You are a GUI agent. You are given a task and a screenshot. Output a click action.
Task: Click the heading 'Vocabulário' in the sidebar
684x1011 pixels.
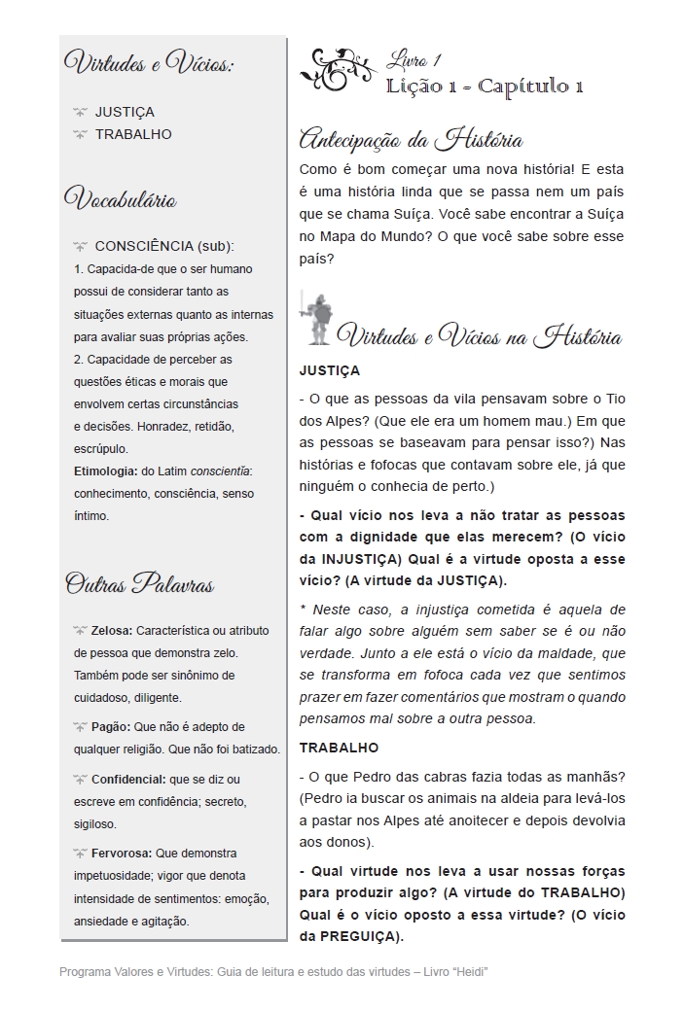tap(120, 200)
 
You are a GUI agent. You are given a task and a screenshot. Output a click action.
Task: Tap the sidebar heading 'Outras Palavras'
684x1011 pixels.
tap(139, 583)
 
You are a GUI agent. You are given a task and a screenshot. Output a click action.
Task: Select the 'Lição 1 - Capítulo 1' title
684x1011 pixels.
tap(484, 87)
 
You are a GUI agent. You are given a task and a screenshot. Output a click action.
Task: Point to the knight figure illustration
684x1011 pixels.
tap(314, 316)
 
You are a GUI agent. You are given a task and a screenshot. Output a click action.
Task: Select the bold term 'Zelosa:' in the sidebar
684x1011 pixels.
tap(112, 630)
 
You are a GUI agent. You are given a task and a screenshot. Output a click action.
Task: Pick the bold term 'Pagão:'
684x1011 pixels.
tap(110, 726)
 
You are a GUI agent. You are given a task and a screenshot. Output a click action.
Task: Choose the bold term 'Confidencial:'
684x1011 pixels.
tap(127, 779)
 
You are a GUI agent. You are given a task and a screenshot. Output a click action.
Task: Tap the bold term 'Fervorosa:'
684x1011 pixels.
tap(122, 853)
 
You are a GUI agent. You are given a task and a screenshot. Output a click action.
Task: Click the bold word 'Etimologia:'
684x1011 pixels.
tap(105, 471)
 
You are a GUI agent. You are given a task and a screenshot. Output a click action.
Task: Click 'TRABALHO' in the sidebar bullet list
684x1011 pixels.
tap(133, 134)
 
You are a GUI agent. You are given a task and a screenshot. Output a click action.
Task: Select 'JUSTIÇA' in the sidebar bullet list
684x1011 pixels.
tap(125, 112)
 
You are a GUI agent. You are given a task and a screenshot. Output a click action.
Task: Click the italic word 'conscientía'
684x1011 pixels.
tap(220, 471)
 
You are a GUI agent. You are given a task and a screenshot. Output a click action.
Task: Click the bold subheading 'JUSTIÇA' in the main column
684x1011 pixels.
tap(329, 370)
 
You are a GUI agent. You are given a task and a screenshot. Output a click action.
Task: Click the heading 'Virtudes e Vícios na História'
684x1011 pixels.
tap(479, 337)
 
